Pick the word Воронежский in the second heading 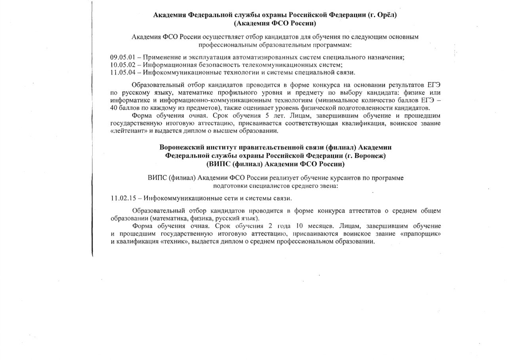coord(181,147)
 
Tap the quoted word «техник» coord(175,241)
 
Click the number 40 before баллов coord(114,108)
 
